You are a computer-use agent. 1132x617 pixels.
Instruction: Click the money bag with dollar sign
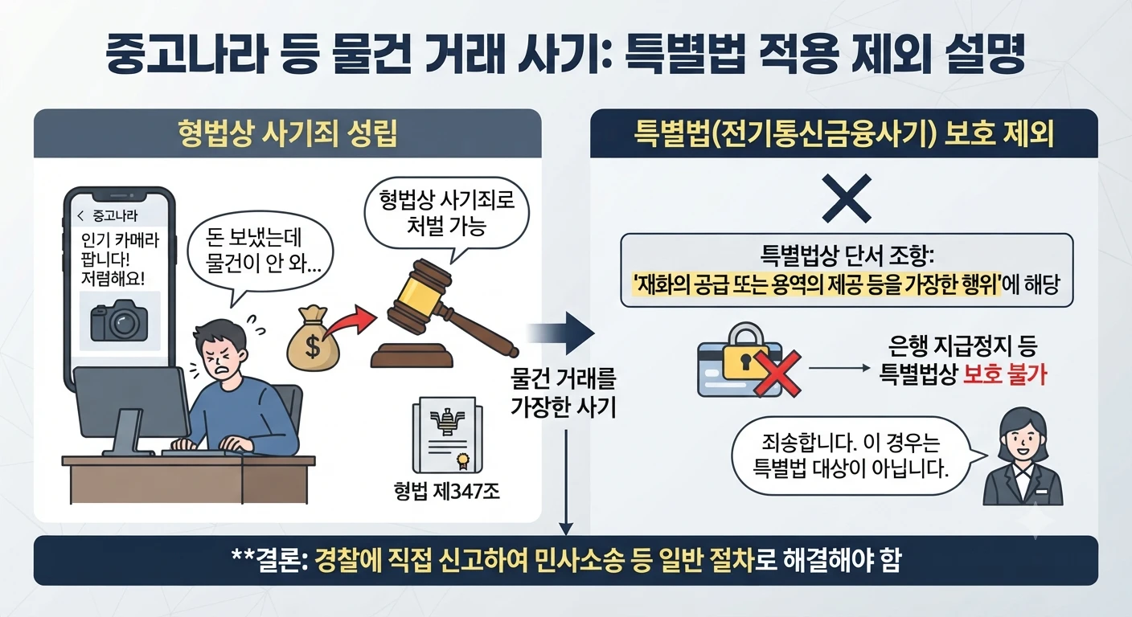coord(313,338)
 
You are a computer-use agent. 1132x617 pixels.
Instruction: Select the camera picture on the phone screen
coord(119,321)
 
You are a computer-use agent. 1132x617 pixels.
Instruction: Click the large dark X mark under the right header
coord(847,198)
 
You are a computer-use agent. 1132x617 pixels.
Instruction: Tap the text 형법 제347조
coord(446,490)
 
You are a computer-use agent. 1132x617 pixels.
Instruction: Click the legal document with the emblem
coord(447,435)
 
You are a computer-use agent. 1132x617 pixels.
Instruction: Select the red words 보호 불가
coord(1005,374)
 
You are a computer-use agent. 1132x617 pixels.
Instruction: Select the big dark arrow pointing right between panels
coord(561,333)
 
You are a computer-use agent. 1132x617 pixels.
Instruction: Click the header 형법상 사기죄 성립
coord(288,134)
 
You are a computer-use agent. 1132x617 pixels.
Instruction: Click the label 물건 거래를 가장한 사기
coord(564,393)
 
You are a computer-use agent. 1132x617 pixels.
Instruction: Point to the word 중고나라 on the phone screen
coord(115,216)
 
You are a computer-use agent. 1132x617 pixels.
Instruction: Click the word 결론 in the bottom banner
coord(276,560)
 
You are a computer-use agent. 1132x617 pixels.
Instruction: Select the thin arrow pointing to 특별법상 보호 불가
coord(839,368)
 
